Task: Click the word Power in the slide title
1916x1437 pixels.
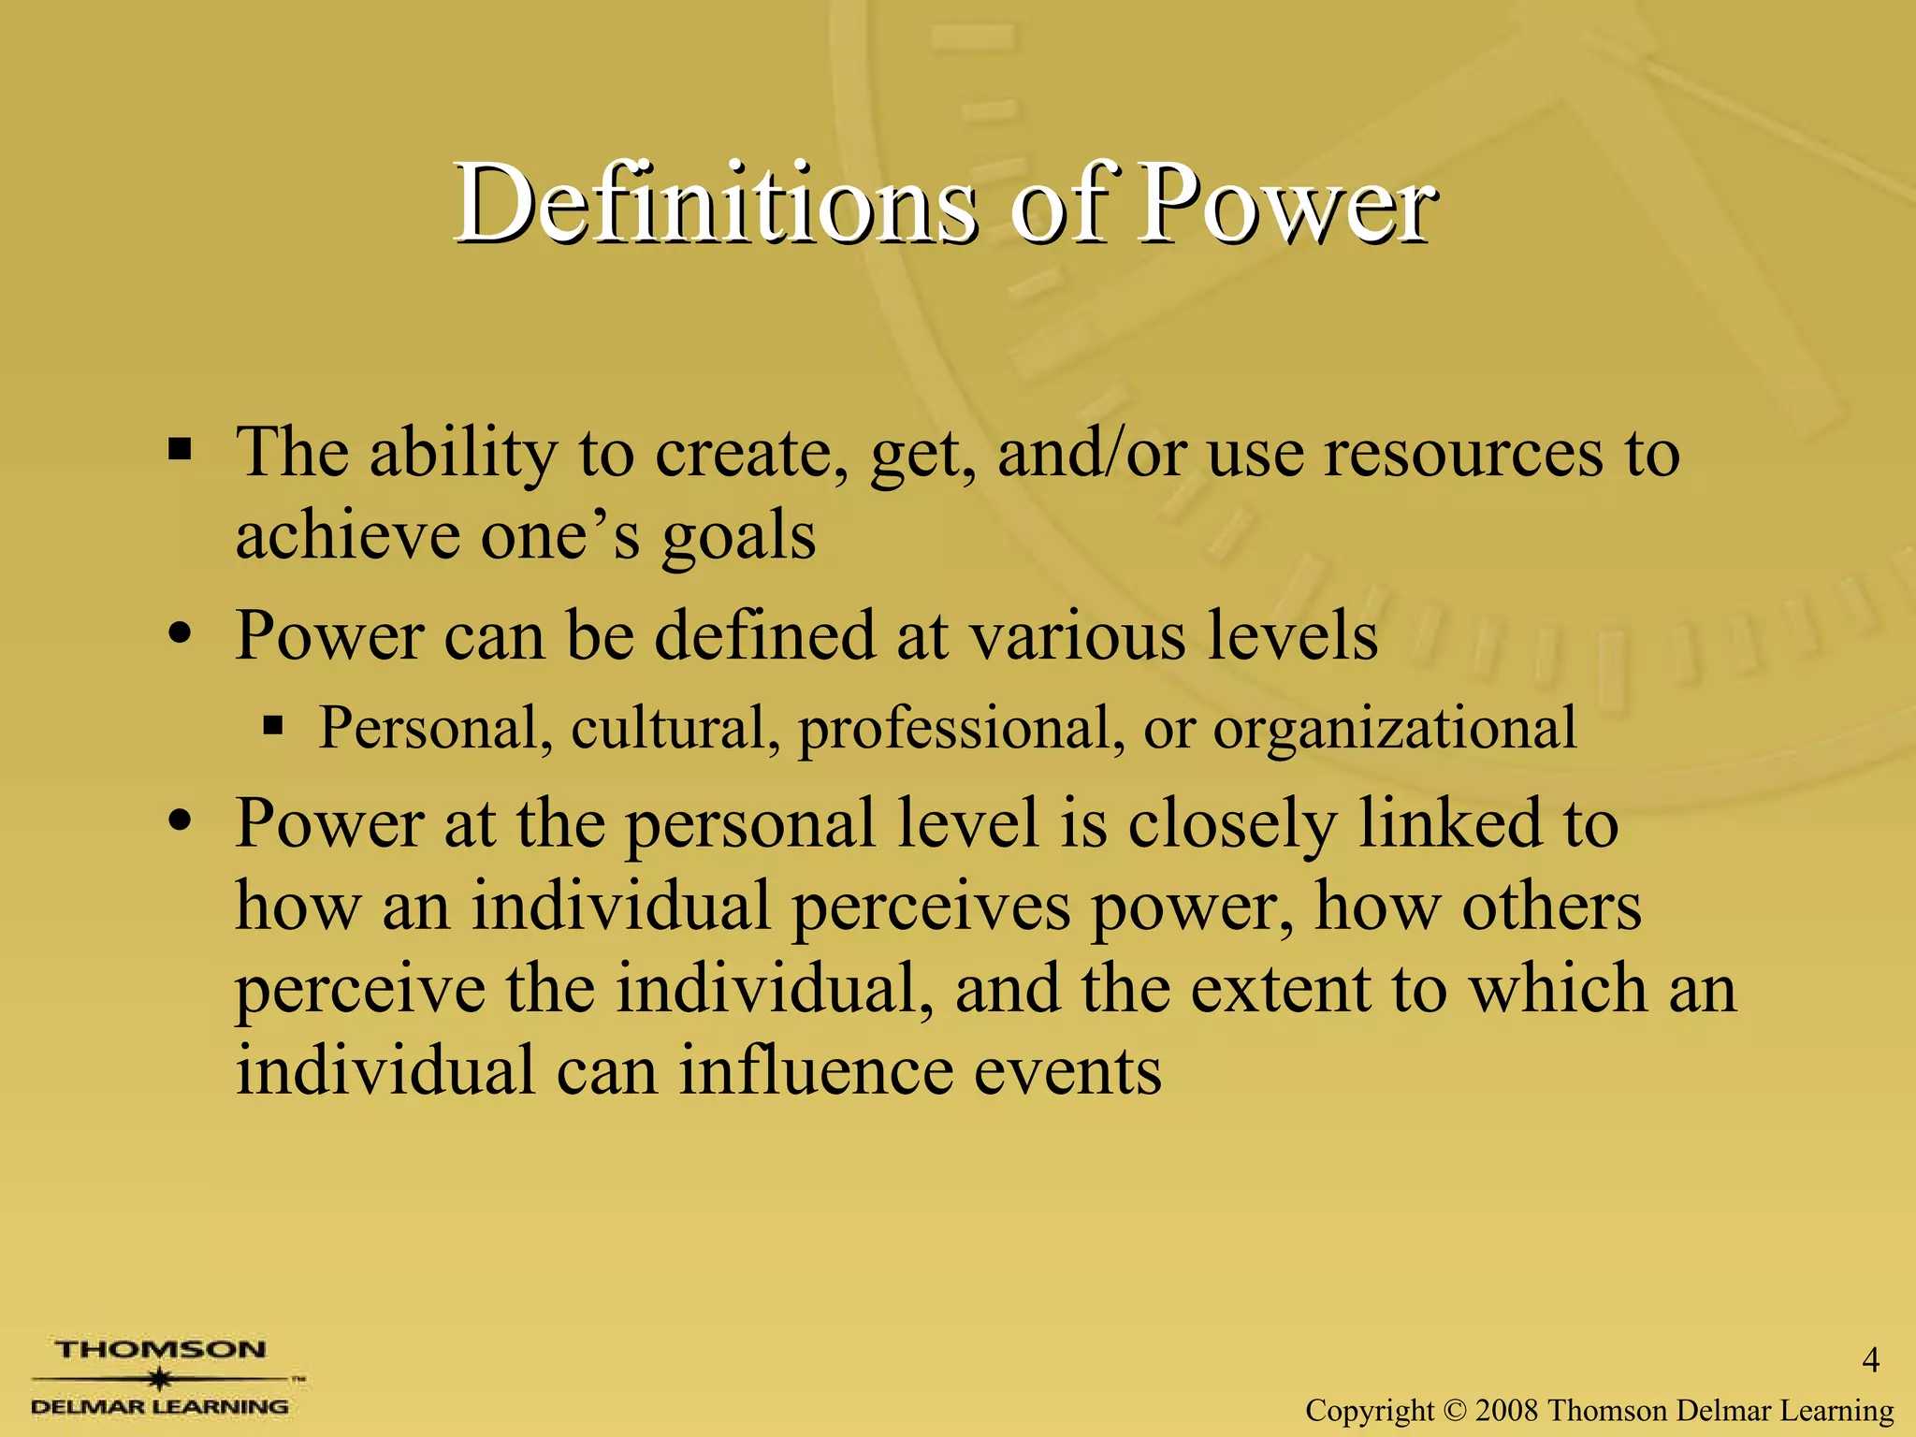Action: click(x=1285, y=204)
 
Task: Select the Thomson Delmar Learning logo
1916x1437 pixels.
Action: click(x=161, y=1377)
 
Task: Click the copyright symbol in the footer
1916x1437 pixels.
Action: click(x=1455, y=1410)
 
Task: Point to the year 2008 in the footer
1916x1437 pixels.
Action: click(x=1506, y=1410)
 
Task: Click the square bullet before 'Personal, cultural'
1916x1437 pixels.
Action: click(x=272, y=725)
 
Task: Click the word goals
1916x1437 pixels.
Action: click(x=738, y=537)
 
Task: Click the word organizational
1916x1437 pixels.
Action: click(x=1395, y=728)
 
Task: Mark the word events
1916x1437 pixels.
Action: click(x=1067, y=1070)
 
